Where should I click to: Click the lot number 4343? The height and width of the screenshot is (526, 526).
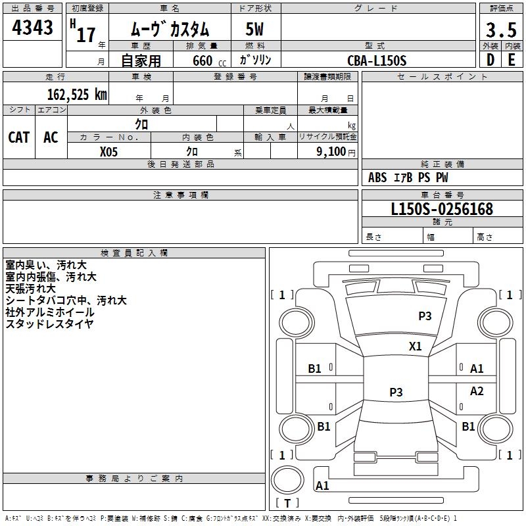33,28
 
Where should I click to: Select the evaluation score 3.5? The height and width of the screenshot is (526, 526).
500,30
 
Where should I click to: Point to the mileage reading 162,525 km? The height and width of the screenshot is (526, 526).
77,94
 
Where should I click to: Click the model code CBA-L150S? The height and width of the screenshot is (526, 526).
377,60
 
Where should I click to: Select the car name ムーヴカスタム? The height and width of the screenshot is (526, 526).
169,30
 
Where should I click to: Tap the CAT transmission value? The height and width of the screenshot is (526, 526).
18,137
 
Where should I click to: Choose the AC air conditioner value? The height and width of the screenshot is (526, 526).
51,137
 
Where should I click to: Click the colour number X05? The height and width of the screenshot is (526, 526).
108,151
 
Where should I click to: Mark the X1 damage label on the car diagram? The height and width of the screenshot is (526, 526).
416,346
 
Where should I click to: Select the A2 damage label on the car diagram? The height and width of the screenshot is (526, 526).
477,391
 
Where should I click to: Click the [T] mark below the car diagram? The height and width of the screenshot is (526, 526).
287,504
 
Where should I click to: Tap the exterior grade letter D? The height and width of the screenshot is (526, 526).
490,60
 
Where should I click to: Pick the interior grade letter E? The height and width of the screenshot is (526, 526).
512,60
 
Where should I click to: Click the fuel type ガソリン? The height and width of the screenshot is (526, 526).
255,60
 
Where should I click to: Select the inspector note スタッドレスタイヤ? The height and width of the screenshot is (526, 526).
49,323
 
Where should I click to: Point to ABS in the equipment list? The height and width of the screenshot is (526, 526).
377,178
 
